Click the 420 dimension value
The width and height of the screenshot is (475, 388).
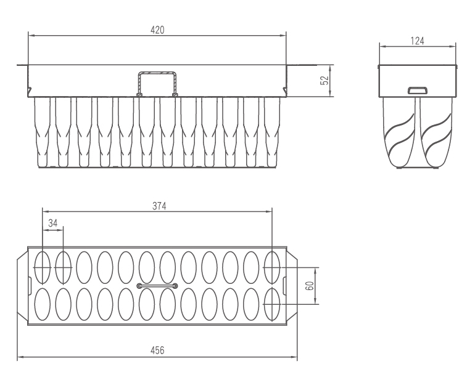pyautogui.click(x=157, y=30)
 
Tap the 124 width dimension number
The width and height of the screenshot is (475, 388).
pyautogui.click(x=417, y=41)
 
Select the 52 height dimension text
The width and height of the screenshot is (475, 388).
pyautogui.click(x=324, y=81)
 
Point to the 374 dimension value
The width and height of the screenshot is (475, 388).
pyautogui.click(x=159, y=206)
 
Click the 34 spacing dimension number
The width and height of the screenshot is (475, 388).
pyautogui.click(x=52, y=223)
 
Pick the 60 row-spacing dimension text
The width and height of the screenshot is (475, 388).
pyautogui.click(x=310, y=286)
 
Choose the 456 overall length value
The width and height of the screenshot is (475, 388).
pyautogui.click(x=157, y=350)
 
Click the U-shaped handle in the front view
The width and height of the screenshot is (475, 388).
pyautogui.click(x=157, y=84)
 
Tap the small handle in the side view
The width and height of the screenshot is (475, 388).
pyautogui.click(x=417, y=91)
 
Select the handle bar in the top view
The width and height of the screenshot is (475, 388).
pyautogui.click(x=157, y=286)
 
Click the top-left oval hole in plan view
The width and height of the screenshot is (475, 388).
pyautogui.click(x=43, y=268)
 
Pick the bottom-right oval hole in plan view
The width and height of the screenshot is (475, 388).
pyautogui.click(x=272, y=304)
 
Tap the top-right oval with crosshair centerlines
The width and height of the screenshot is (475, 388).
pyautogui.click(x=272, y=268)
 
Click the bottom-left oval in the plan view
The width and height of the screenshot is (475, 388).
pyautogui.click(x=43, y=304)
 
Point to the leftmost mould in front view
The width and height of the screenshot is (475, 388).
pyautogui.click(x=42, y=132)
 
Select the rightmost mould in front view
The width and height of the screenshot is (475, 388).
pyautogui.click(x=272, y=132)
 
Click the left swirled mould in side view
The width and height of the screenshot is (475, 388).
pyautogui.click(x=399, y=132)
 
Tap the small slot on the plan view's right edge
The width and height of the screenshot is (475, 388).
pyautogui.click(x=285, y=286)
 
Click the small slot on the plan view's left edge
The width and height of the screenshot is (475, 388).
pyautogui.click(x=30, y=286)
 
